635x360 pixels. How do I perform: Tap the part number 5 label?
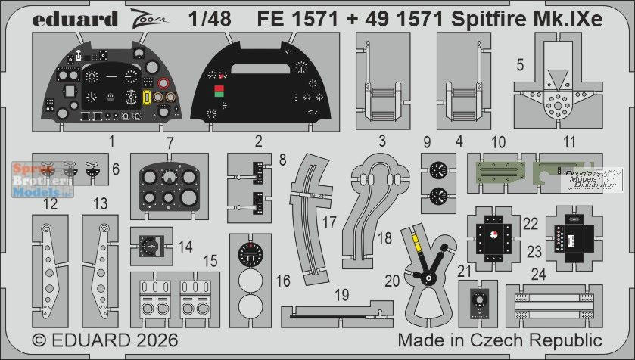(518, 65)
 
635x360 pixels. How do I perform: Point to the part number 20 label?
(392, 280)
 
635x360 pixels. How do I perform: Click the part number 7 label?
(171, 142)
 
